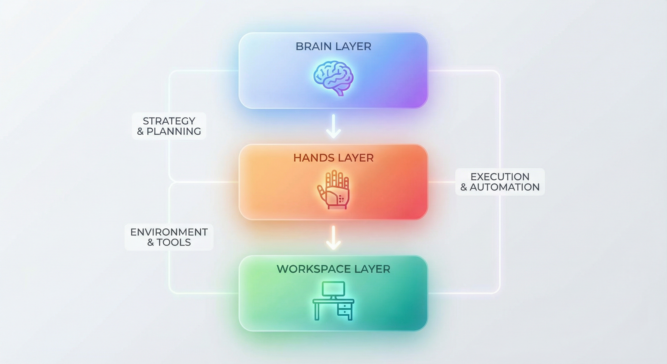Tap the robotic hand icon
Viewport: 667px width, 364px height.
tap(333, 189)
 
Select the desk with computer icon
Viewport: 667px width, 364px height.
tap(333, 301)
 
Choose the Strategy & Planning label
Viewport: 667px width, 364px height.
tap(169, 126)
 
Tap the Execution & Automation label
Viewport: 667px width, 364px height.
tap(500, 182)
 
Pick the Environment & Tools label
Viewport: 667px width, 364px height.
tap(169, 237)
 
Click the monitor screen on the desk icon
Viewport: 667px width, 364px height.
tap(333, 288)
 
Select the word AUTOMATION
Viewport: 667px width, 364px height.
tap(505, 187)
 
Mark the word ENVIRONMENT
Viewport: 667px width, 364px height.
tap(169, 232)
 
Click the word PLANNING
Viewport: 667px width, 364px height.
tap(174, 131)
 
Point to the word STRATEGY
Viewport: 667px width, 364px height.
tap(169, 121)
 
